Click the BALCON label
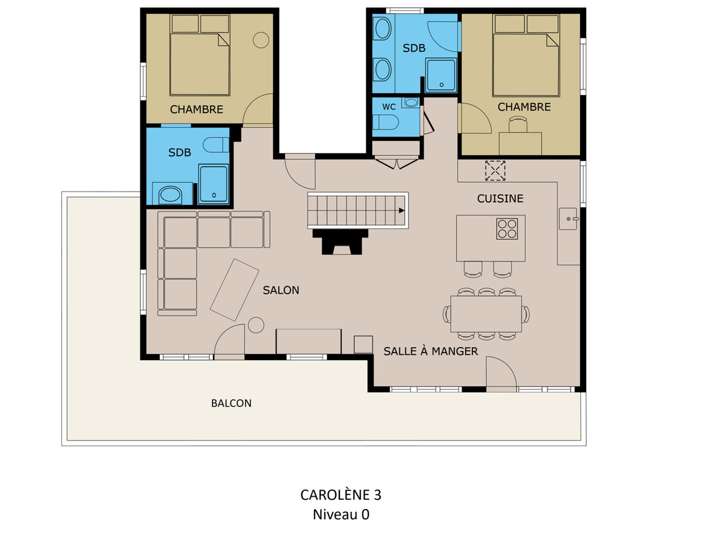(x=231, y=403)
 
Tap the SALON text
(x=281, y=290)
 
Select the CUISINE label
(x=500, y=198)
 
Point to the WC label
(x=389, y=107)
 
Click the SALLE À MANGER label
(x=431, y=351)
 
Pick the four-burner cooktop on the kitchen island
(x=507, y=228)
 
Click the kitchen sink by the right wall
(x=568, y=219)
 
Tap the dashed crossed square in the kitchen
(x=495, y=171)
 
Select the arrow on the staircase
(x=402, y=210)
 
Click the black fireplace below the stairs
(x=341, y=242)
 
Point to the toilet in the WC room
(x=385, y=123)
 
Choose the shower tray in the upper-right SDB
(x=441, y=76)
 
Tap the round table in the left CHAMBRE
(x=261, y=40)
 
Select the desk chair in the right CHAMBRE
(x=518, y=125)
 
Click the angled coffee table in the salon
(x=235, y=290)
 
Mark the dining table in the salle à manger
(x=486, y=314)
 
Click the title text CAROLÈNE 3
(x=341, y=495)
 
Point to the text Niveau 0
(x=341, y=514)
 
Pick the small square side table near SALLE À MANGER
(x=363, y=345)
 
